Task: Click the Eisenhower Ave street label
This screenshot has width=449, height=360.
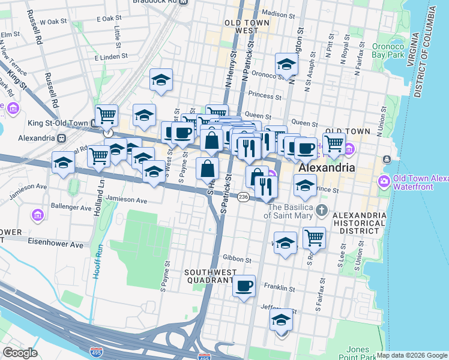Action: pos(56,245)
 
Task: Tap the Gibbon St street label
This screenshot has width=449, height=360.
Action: pos(238,260)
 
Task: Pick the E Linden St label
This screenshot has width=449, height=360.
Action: pos(112,56)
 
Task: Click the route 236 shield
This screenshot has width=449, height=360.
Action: pos(243,197)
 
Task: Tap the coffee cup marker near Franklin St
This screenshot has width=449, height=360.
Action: pos(244,286)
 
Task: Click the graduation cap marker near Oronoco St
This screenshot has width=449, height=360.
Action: pos(286,65)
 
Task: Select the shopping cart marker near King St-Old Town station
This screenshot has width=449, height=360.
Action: pos(106,115)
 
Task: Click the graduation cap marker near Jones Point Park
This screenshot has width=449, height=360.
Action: pos(282,320)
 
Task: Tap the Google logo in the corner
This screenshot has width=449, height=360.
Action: pos(20,352)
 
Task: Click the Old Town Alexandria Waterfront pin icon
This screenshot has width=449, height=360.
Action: pos(384,181)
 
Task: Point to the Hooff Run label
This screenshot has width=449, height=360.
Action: pos(98,261)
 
